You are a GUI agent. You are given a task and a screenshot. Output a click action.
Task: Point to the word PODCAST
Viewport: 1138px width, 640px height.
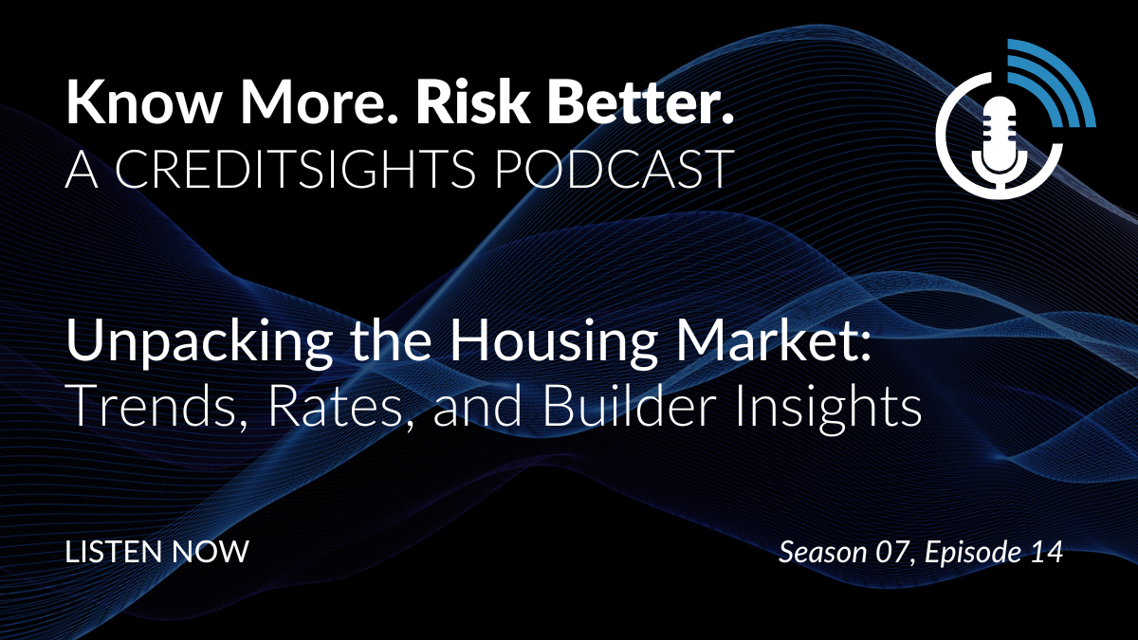click(x=614, y=169)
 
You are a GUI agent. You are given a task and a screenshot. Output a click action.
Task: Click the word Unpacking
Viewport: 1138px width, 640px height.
click(x=199, y=342)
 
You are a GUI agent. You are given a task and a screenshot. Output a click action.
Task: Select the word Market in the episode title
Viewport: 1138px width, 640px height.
click(x=768, y=339)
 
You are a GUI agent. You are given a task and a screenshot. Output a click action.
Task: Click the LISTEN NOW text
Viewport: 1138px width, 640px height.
click(x=157, y=552)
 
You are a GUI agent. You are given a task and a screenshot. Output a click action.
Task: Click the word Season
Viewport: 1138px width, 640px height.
click(x=823, y=552)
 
